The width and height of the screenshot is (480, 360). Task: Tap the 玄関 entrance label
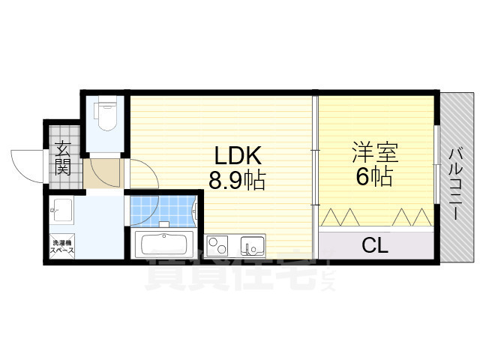63,158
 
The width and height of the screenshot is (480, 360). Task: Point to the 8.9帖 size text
237,181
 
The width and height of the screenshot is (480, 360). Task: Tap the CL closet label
375,244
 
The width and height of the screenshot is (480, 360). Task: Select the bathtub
164,245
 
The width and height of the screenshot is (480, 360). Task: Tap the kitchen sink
252,245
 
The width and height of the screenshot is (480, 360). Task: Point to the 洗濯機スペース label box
61,247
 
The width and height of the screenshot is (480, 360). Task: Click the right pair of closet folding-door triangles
409,217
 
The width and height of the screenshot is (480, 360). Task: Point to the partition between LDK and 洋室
316,165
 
